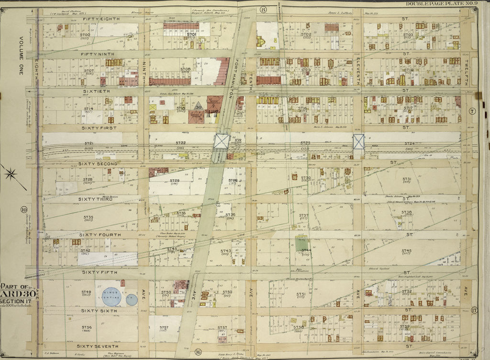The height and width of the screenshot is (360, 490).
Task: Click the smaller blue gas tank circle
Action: (132, 300)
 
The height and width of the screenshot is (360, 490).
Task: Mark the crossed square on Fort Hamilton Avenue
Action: (222, 141)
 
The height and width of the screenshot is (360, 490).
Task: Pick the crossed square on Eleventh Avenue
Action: (358, 141)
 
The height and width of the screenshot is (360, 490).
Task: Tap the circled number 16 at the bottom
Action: (198, 353)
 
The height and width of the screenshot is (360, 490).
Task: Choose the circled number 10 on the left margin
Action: (23, 209)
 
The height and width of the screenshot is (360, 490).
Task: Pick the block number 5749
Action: (86, 292)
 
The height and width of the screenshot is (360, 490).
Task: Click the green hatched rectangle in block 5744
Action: (301, 244)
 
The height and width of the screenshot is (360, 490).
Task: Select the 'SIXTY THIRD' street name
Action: (95, 199)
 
